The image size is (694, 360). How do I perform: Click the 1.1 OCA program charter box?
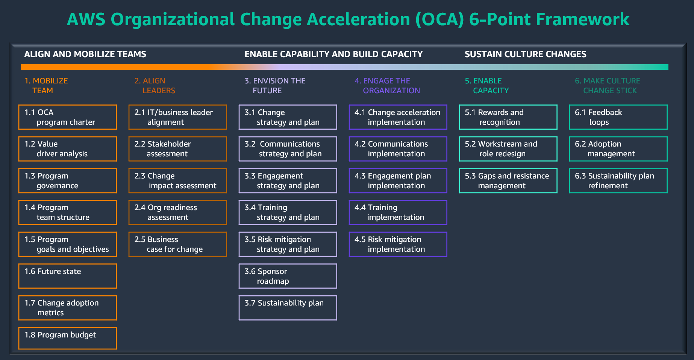[68, 117]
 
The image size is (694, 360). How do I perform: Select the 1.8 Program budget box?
[68, 338]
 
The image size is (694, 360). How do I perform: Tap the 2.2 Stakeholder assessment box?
[177, 149]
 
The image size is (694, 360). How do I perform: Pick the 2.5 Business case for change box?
[177, 244]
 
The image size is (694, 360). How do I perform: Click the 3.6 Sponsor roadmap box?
[288, 276]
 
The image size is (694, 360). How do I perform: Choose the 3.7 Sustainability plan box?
[288, 308]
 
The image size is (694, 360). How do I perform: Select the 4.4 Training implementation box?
[398, 212]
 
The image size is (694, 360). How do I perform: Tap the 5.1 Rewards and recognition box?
[508, 117]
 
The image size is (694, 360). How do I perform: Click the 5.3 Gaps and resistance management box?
[508, 181]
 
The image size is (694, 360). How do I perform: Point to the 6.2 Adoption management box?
[618, 149]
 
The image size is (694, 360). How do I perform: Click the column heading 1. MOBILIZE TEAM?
[46, 86]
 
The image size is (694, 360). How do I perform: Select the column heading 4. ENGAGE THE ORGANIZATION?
[387, 86]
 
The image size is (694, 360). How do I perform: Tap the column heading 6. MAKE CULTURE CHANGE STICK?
[608, 86]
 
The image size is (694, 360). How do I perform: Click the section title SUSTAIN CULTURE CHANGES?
[525, 54]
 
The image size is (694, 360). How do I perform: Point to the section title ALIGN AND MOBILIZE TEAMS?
[85, 54]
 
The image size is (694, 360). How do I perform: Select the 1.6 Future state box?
[68, 276]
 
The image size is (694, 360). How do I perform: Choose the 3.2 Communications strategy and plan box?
[288, 149]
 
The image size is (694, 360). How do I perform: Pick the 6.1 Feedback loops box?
[618, 117]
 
